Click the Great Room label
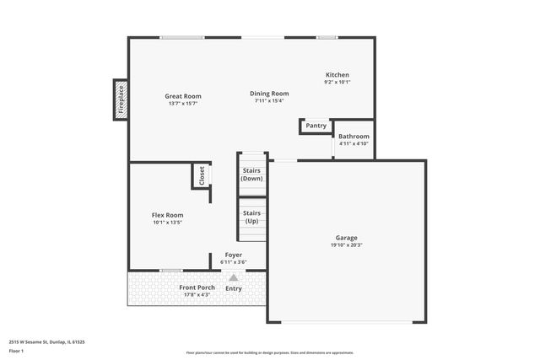(x=183, y=96)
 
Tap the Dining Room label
(x=269, y=94)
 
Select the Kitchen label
(x=337, y=75)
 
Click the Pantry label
(x=316, y=126)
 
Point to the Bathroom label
(x=354, y=137)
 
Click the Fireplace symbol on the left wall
(x=121, y=98)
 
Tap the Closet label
(x=202, y=175)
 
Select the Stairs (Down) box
(x=252, y=175)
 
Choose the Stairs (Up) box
(x=252, y=218)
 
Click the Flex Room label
(x=168, y=215)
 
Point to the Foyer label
(x=233, y=255)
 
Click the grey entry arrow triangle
(x=234, y=276)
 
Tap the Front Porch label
(x=197, y=287)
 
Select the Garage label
(x=347, y=238)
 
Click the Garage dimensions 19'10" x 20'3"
(x=347, y=245)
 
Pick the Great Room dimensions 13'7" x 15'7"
(x=183, y=104)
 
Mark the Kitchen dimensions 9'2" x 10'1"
(x=337, y=83)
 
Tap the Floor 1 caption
(x=17, y=351)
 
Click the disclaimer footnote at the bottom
(x=269, y=352)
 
